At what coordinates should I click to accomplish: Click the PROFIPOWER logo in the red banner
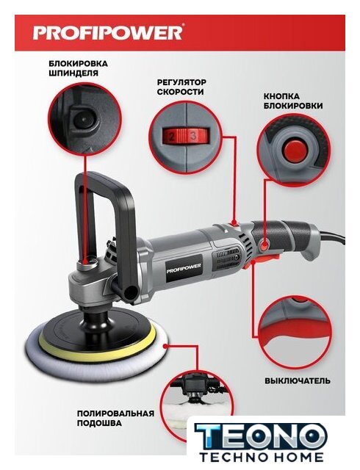[x=107, y=32]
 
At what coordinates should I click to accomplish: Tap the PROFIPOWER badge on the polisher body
[x=184, y=267]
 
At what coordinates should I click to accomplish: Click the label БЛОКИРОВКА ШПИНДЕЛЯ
[x=78, y=68]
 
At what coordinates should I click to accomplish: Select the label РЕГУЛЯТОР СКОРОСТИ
[x=181, y=87]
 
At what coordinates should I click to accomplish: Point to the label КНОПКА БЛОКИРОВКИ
[x=293, y=101]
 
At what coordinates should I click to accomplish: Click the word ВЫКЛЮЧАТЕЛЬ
[x=298, y=380]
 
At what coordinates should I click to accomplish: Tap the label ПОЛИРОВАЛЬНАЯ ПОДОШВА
[x=115, y=418]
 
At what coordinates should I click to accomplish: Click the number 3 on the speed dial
[x=194, y=136]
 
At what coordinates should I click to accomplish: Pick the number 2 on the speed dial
[x=172, y=137]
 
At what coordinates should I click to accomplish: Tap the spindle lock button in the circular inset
[x=82, y=120]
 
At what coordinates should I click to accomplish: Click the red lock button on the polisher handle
[x=264, y=247]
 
